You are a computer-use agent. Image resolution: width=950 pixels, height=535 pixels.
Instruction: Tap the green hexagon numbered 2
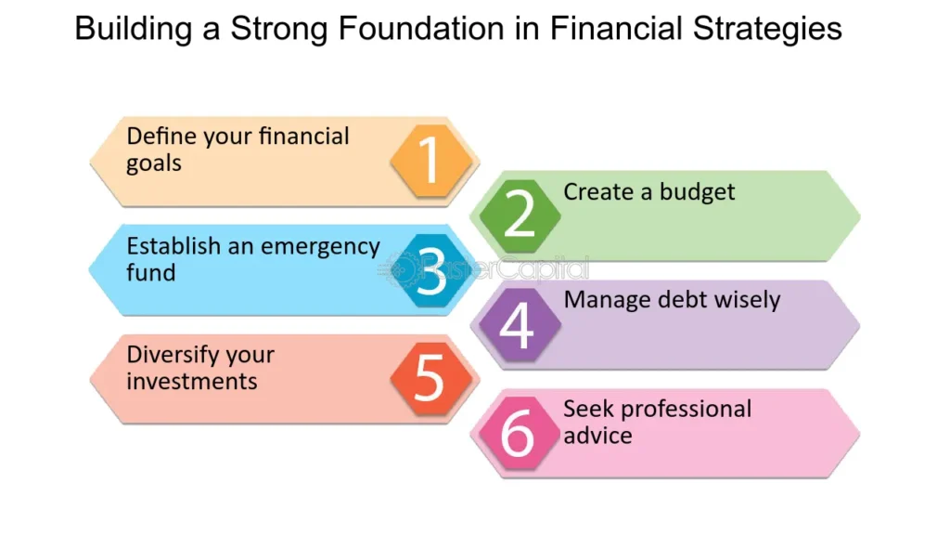click(x=520, y=215)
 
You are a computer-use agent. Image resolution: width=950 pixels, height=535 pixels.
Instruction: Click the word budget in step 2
click(x=697, y=192)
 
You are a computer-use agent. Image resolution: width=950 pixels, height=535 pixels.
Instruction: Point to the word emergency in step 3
click(x=321, y=246)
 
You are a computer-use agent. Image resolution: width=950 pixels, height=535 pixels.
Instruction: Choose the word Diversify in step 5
click(x=173, y=355)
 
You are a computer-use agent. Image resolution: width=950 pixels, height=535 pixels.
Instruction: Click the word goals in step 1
click(x=154, y=163)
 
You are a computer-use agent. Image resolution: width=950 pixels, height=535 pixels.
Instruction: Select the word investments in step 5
click(x=192, y=381)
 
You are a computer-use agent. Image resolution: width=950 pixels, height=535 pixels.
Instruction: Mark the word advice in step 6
click(x=597, y=435)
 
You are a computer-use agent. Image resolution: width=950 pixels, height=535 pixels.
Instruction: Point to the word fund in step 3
click(x=151, y=273)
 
